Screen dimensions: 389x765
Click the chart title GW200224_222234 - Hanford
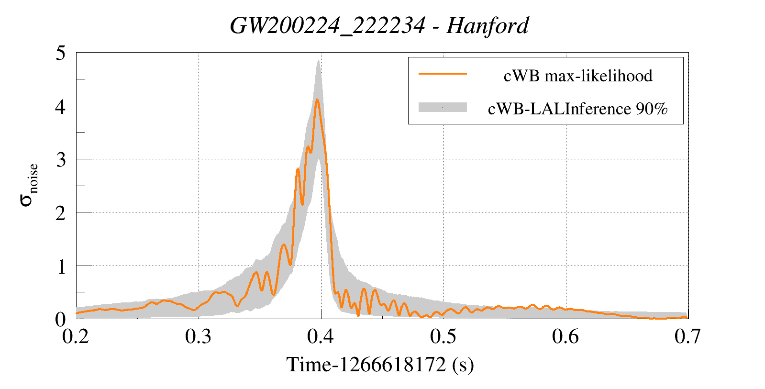point(379,26)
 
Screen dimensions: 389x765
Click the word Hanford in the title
point(488,26)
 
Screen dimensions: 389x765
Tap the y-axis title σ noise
point(29,185)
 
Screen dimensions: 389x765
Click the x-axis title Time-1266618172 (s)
point(380,365)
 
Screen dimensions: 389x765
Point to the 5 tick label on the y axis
point(60,53)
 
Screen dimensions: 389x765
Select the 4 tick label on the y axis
point(60,106)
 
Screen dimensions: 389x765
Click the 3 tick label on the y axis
point(60,160)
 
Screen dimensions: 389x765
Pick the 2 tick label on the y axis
point(60,213)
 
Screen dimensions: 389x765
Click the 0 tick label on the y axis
point(60,319)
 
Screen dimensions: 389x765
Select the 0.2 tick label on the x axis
point(76,337)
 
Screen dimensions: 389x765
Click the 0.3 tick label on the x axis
point(199,337)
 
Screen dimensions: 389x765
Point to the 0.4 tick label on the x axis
point(321,337)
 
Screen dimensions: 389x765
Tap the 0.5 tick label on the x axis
point(443,337)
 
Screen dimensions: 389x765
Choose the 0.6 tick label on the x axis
point(565,337)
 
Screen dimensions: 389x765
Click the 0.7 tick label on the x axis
point(687,337)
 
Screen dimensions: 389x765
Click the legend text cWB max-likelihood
point(578,76)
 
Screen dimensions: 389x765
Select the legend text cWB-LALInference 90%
point(577,109)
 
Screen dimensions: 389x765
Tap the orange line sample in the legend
point(443,74)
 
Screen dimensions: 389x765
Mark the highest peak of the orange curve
point(317,100)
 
